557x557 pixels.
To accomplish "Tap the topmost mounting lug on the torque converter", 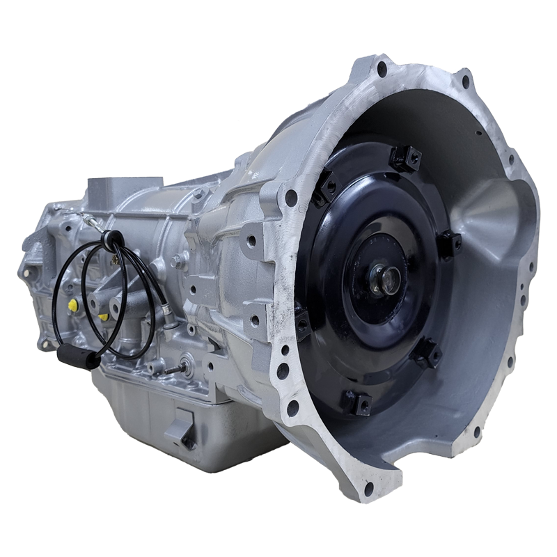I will pyautogui.click(x=406, y=157).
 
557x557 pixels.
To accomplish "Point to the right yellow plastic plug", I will pyautogui.click(x=104, y=317).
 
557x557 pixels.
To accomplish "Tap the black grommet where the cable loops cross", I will pyautogui.click(x=109, y=240).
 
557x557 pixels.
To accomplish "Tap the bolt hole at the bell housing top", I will pyautogui.click(x=382, y=69).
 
